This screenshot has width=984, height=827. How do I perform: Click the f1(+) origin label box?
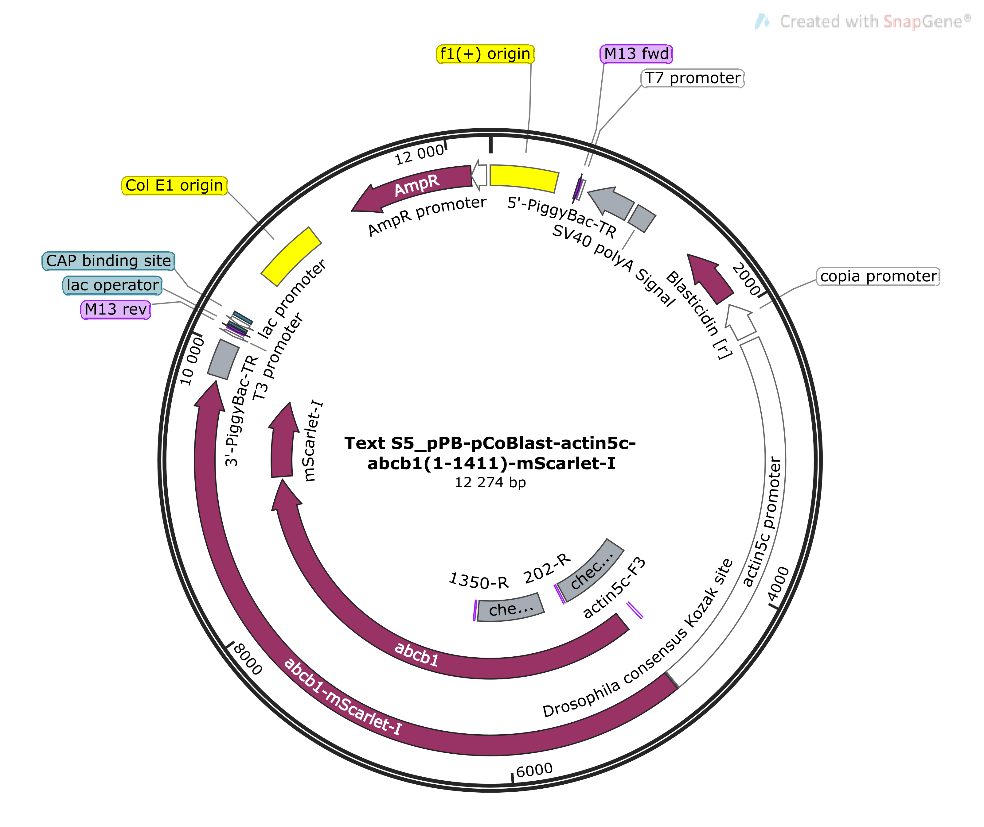(485, 54)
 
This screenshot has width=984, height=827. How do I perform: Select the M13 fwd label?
(636, 54)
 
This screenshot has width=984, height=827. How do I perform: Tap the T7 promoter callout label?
(693, 78)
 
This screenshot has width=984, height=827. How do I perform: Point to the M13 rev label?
(115, 309)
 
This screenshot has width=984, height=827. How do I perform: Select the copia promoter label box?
(878, 276)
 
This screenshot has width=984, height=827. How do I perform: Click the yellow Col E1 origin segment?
(291, 257)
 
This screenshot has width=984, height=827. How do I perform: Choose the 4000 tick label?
(779, 584)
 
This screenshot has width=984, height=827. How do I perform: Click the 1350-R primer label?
(478, 581)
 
